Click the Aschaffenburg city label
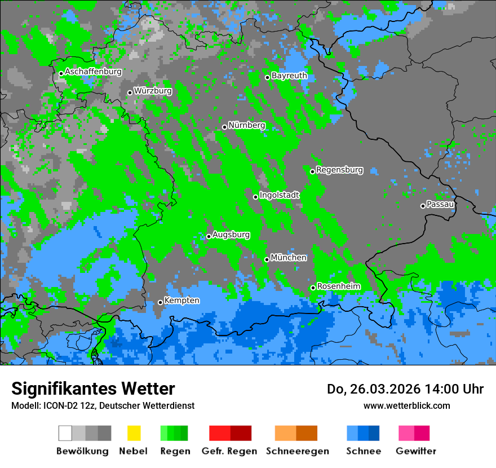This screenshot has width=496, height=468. tap(93, 72)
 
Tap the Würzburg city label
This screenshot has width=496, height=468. tap(153, 91)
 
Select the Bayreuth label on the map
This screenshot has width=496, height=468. tap(289, 76)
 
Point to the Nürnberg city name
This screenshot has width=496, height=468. tap(247, 125)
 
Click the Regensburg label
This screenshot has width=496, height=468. tap(339, 170)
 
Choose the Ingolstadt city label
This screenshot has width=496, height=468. tap(280, 195)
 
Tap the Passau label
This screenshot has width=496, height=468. tap(440, 204)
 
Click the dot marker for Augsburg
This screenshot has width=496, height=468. tap(209, 236)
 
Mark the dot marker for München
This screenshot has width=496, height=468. tap(267, 259)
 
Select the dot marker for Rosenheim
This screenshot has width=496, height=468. tap(313, 288)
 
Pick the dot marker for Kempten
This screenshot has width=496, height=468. tap(160, 302)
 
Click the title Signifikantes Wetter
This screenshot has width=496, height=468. tap(93, 389)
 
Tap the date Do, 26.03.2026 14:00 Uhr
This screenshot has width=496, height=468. tap(405, 389)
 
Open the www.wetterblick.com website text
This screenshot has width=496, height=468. tap(406, 405)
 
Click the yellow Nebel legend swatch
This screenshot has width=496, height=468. tap(134, 433)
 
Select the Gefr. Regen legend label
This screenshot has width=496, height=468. tap(229, 451)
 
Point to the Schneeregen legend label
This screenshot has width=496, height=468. tap(297, 451)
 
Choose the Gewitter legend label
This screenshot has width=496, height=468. tap(415, 451)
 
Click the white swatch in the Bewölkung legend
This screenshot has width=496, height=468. tap(65, 433)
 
